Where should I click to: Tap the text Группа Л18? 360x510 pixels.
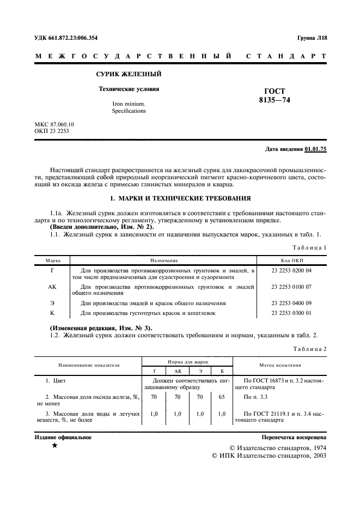312,38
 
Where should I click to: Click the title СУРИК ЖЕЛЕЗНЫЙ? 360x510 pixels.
129,74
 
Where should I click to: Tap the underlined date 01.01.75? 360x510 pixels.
316,149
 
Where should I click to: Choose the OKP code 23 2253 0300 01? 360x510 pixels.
291,313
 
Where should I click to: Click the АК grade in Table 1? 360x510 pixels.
52,286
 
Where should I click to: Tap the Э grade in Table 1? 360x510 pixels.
52,302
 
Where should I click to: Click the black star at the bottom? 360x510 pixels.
54,446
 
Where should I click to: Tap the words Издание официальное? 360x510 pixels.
63,437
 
